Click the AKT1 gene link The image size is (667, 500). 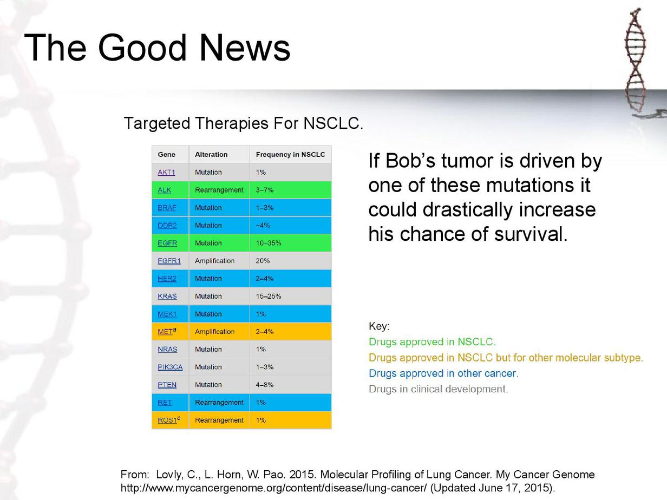[167, 173]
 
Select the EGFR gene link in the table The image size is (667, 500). [167, 243]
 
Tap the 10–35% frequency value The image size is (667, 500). [269, 243]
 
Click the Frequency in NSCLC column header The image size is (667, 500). [291, 155]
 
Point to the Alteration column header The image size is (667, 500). [211, 155]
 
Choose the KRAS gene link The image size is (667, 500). [167, 297]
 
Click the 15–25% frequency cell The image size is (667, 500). [269, 297]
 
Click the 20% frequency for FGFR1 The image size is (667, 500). [263, 261]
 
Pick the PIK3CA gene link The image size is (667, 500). [170, 367]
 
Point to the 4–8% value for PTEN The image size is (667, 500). [265, 385]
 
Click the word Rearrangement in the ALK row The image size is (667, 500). [219, 190]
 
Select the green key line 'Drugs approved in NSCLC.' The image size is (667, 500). [432, 342]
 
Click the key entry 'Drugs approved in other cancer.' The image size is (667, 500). [443, 373]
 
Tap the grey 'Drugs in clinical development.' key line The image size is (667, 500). [438, 389]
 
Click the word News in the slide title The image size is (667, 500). [245, 48]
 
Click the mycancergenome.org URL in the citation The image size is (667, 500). [274, 488]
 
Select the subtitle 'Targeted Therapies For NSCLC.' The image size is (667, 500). [244, 123]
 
